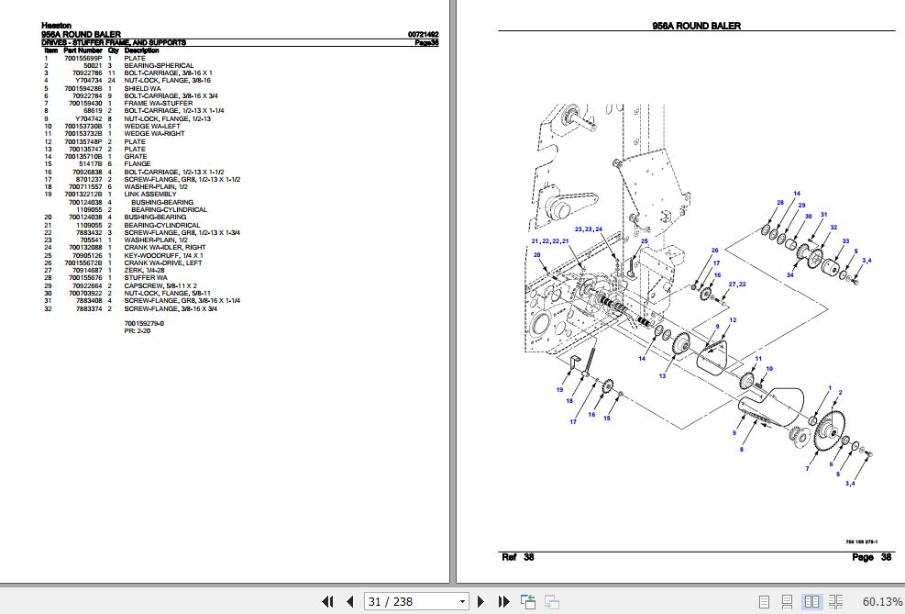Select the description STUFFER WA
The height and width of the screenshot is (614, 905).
(x=146, y=278)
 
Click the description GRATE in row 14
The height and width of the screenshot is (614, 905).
(x=135, y=157)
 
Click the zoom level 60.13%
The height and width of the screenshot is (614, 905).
(x=882, y=601)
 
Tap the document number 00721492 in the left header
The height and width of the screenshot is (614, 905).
(x=422, y=36)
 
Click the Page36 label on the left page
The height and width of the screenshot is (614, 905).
(x=426, y=42)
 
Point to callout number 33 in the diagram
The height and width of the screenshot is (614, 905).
(x=844, y=241)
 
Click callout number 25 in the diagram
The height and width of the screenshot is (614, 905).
(x=645, y=241)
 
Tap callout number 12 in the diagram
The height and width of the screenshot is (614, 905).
(x=732, y=319)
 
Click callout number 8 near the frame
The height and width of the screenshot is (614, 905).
(x=741, y=449)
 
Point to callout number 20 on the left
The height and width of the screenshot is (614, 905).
(x=537, y=254)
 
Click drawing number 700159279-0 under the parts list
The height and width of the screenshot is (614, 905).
(x=144, y=323)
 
